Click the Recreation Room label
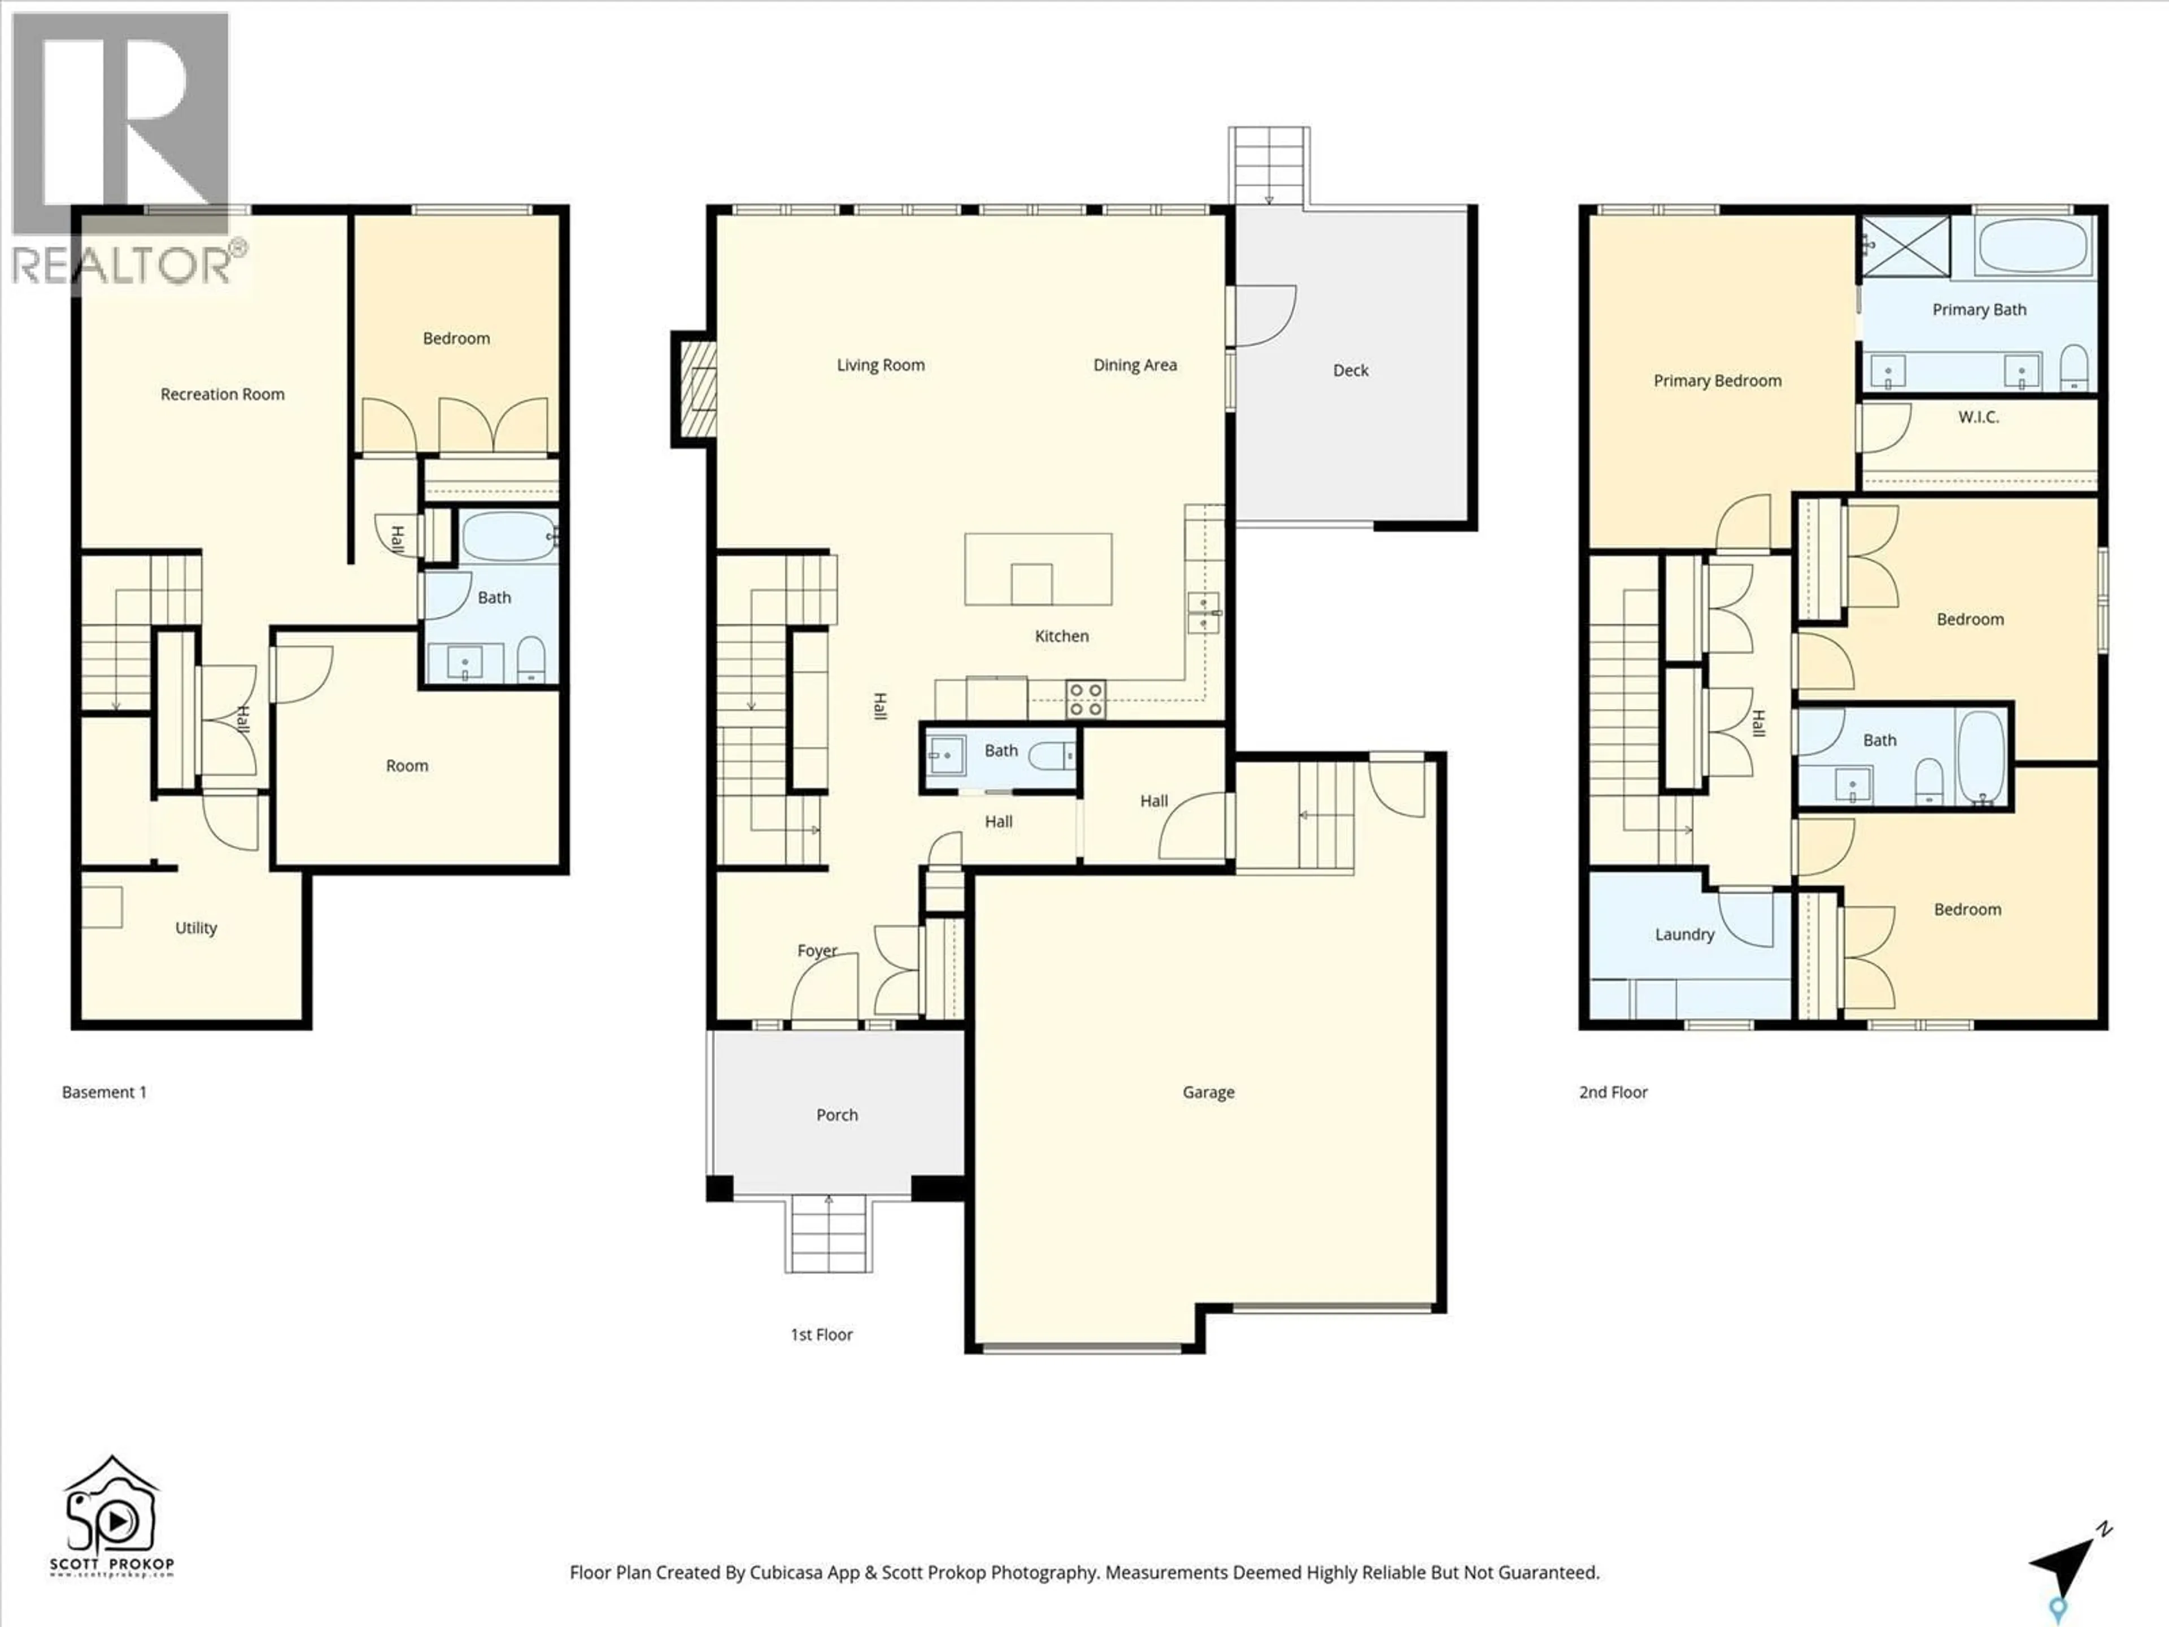coord(223,394)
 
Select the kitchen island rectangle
coord(1038,569)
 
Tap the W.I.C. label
coord(1978,417)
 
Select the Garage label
coord(1208,1091)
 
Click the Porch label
coord(837,1115)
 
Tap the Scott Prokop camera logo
coord(111,1515)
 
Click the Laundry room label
coord(1684,934)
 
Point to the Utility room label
coord(195,928)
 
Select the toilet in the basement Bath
coord(530,659)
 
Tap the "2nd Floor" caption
coord(1613,1091)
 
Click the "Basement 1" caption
coord(104,1091)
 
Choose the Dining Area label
coord(1135,365)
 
